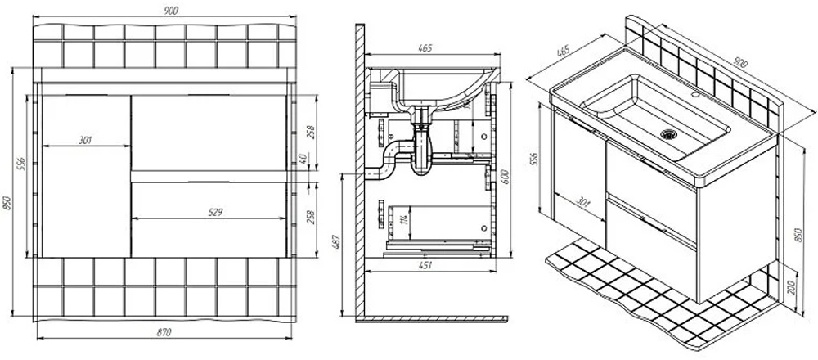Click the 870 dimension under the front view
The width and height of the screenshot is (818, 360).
tap(164, 332)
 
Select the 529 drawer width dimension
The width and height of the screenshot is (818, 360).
tap(215, 213)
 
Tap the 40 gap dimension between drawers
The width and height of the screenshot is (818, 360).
tap(303, 158)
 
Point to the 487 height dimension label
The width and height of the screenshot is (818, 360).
tap(335, 244)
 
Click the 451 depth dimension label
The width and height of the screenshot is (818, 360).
tap(426, 266)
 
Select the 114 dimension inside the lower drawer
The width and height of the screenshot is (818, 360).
tap(403, 219)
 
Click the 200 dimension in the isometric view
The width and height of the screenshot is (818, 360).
tap(791, 287)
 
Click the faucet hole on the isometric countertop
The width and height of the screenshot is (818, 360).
tap(694, 96)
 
